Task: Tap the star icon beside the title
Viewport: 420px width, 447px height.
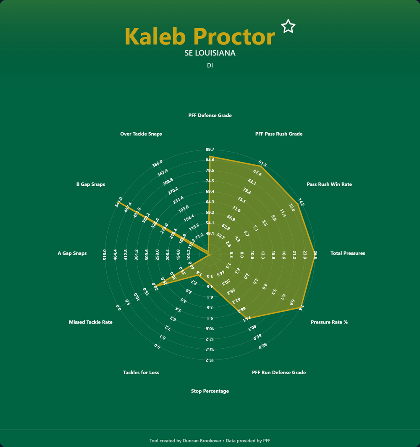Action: (288, 26)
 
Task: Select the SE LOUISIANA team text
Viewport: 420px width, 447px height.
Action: (210, 53)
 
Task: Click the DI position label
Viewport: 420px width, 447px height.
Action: (210, 65)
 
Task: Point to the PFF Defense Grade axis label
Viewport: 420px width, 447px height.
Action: (210, 115)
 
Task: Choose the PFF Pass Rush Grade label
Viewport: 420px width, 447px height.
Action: (279, 134)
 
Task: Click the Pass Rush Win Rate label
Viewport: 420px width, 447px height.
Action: (329, 184)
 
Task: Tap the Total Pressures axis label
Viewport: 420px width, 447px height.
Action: (348, 253)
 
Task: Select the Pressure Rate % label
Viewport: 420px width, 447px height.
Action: (329, 322)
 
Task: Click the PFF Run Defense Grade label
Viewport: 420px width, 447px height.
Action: (279, 373)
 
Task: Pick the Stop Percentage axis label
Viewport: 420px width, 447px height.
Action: (210, 391)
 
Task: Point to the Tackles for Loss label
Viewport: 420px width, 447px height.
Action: (141, 373)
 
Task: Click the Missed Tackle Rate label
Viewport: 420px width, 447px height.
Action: (91, 322)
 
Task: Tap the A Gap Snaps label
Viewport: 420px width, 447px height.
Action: (72, 253)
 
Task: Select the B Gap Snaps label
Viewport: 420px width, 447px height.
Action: (91, 184)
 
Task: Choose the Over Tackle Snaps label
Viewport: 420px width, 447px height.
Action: (141, 134)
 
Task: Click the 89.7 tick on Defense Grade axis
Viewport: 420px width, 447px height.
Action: (210, 150)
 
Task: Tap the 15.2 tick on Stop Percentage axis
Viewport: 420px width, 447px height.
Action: (210, 360)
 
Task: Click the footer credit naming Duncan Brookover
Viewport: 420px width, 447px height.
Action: (210, 440)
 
